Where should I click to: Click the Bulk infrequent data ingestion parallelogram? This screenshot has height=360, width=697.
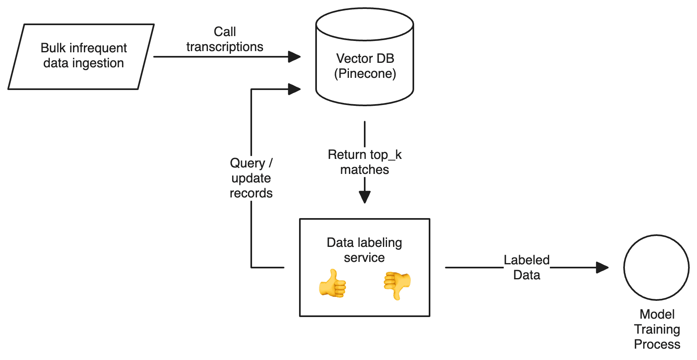[x=81, y=57]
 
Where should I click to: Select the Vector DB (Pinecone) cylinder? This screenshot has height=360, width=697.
[x=365, y=57]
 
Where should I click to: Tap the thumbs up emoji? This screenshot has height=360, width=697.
[x=333, y=283]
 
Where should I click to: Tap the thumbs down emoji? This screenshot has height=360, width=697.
[x=397, y=285]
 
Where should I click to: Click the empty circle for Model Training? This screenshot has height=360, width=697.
[x=656, y=268]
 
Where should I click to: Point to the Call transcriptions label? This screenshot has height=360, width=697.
[x=225, y=39]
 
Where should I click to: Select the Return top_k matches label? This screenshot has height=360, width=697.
[x=365, y=162]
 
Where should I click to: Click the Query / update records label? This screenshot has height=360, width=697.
[x=251, y=178]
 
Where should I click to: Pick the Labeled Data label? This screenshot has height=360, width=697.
[x=526, y=268]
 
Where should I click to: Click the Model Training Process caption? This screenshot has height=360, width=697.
[x=657, y=329]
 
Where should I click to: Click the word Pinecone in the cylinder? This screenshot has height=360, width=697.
[x=365, y=74]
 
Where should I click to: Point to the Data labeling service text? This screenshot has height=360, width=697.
[x=364, y=250]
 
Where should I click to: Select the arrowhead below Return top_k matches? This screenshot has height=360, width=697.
[x=365, y=197]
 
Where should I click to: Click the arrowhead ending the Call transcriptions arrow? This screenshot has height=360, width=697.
[x=294, y=57]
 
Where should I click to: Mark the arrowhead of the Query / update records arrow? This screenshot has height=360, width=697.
[x=294, y=89]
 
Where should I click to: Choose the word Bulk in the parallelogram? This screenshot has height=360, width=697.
[x=53, y=48]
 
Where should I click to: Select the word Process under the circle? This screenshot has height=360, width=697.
[x=657, y=344]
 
